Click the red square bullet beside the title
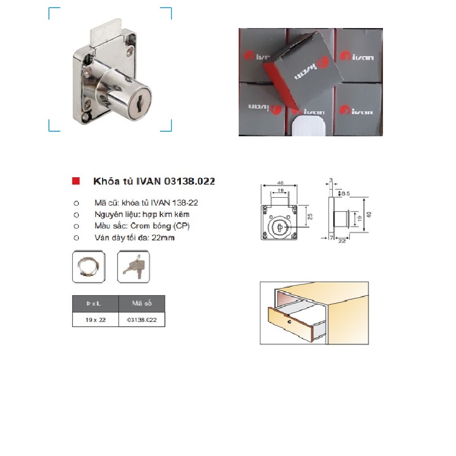[x=76, y=181]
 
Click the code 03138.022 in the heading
[x=189, y=181]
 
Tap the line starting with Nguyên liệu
[x=142, y=214]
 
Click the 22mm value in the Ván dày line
[x=166, y=238]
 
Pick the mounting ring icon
[x=89, y=267]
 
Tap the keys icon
[x=134, y=267]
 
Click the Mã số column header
[x=142, y=304]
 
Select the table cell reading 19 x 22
[x=96, y=320]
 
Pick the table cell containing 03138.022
[x=142, y=320]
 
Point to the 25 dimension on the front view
[x=310, y=216]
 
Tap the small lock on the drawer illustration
[x=289, y=322]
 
